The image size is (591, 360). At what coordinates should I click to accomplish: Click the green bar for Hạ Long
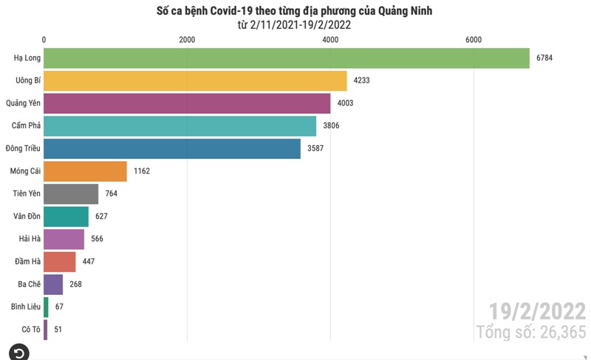click(287, 58)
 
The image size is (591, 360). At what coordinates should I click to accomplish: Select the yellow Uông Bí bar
click(195, 81)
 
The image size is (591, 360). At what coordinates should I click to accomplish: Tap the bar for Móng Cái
click(86, 171)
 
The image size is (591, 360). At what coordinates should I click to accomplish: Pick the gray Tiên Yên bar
click(71, 194)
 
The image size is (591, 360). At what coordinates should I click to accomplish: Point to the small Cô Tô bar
click(46, 330)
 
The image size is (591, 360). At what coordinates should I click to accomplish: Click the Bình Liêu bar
click(47, 307)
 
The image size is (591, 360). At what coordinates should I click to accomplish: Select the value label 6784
click(545, 58)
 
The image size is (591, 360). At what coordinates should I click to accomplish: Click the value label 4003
click(344, 103)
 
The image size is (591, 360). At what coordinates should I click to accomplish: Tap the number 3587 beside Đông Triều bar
click(315, 149)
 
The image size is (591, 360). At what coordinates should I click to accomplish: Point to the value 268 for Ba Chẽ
click(76, 285)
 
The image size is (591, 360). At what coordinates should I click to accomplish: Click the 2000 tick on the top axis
click(187, 40)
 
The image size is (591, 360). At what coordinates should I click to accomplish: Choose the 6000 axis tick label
click(474, 40)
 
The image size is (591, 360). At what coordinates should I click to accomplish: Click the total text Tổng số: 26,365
click(531, 333)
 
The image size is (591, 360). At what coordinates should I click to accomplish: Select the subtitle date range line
click(294, 24)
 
